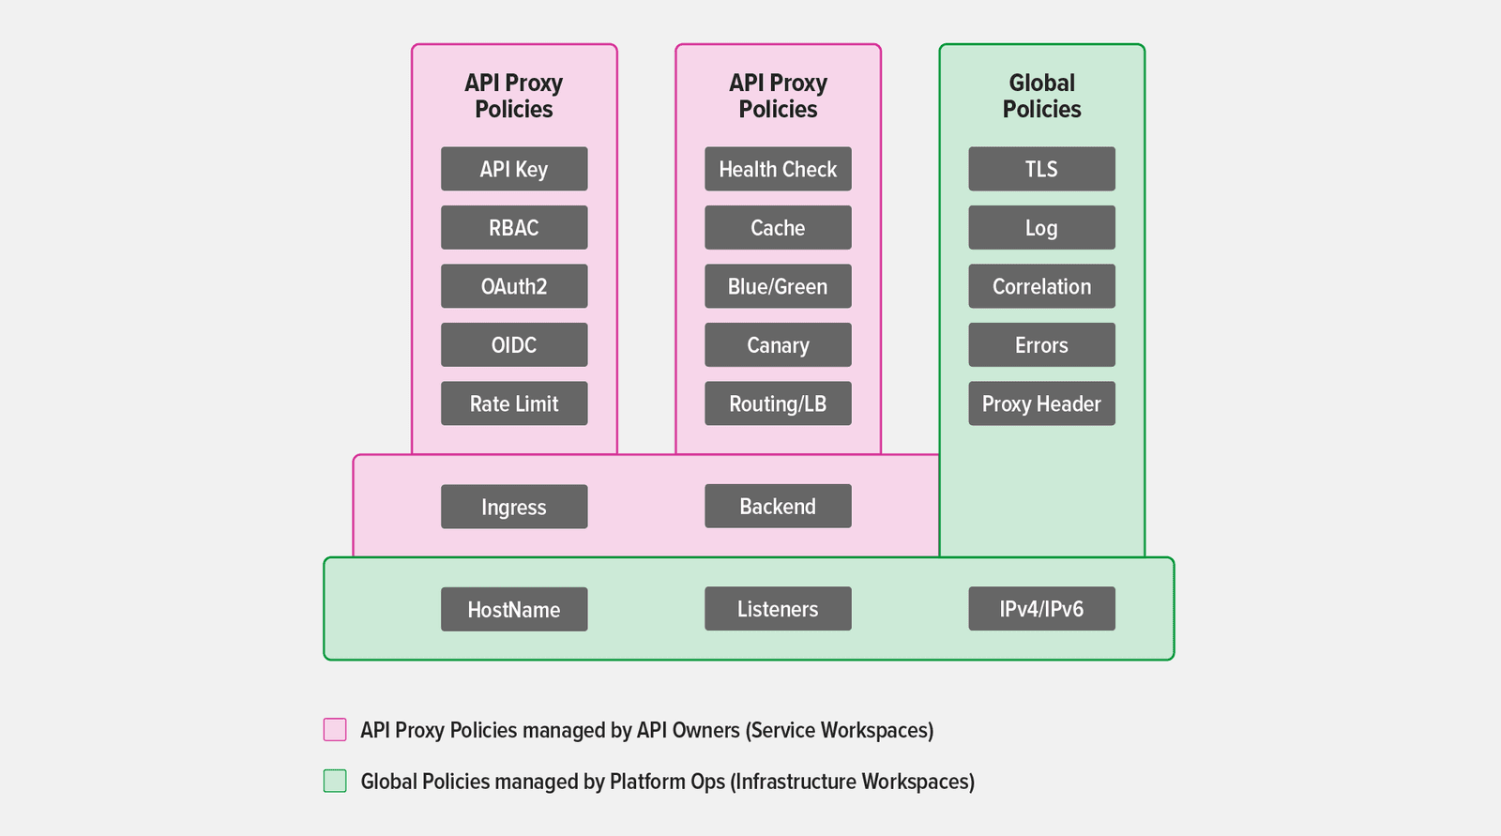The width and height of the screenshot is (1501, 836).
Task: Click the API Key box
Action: click(x=514, y=169)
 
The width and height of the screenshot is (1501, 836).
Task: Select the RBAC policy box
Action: click(x=514, y=228)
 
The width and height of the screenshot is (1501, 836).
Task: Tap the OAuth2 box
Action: click(x=514, y=286)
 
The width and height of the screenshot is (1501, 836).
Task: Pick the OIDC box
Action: click(x=514, y=345)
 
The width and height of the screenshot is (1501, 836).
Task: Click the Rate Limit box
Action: click(x=514, y=403)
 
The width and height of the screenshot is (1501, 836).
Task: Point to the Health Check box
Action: click(x=778, y=169)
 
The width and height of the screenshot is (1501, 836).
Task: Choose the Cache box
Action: click(x=778, y=228)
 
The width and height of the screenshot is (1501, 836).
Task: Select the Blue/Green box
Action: click(x=778, y=286)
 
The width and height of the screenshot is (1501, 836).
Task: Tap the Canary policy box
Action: click(x=778, y=345)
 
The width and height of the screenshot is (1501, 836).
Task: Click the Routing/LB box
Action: click(x=778, y=403)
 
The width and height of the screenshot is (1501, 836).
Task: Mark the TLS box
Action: click(x=1041, y=169)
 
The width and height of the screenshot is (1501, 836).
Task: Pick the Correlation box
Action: click(x=1041, y=286)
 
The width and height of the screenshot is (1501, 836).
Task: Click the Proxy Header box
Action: click(x=1041, y=403)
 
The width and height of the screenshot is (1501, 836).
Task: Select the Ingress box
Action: click(x=514, y=507)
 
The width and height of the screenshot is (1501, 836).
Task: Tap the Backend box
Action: click(x=778, y=506)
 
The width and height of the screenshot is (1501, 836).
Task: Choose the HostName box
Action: click(x=514, y=609)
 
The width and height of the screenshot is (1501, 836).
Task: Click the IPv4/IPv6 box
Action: click(x=1041, y=609)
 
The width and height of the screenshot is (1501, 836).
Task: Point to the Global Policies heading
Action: click(x=1041, y=96)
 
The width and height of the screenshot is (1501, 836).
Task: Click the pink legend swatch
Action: click(x=335, y=730)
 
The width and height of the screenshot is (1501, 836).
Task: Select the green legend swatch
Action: click(x=335, y=781)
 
